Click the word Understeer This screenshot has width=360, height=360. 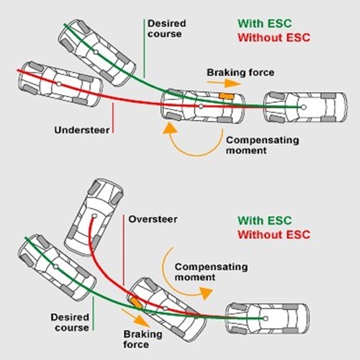click(x=81, y=130)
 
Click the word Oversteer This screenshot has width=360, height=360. click(x=154, y=219)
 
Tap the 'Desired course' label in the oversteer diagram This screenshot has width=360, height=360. click(x=70, y=322)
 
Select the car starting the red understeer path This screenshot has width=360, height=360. click(x=59, y=81)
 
